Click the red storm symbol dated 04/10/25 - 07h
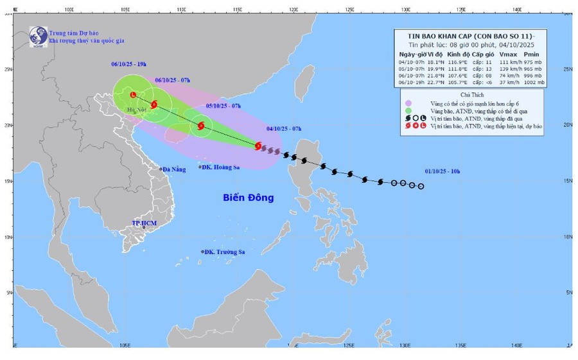(258, 146)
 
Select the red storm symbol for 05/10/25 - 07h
(202, 125)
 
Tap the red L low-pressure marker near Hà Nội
(133, 95)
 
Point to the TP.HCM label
(144, 223)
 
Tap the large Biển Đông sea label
(248, 198)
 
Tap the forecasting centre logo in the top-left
(38, 37)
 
